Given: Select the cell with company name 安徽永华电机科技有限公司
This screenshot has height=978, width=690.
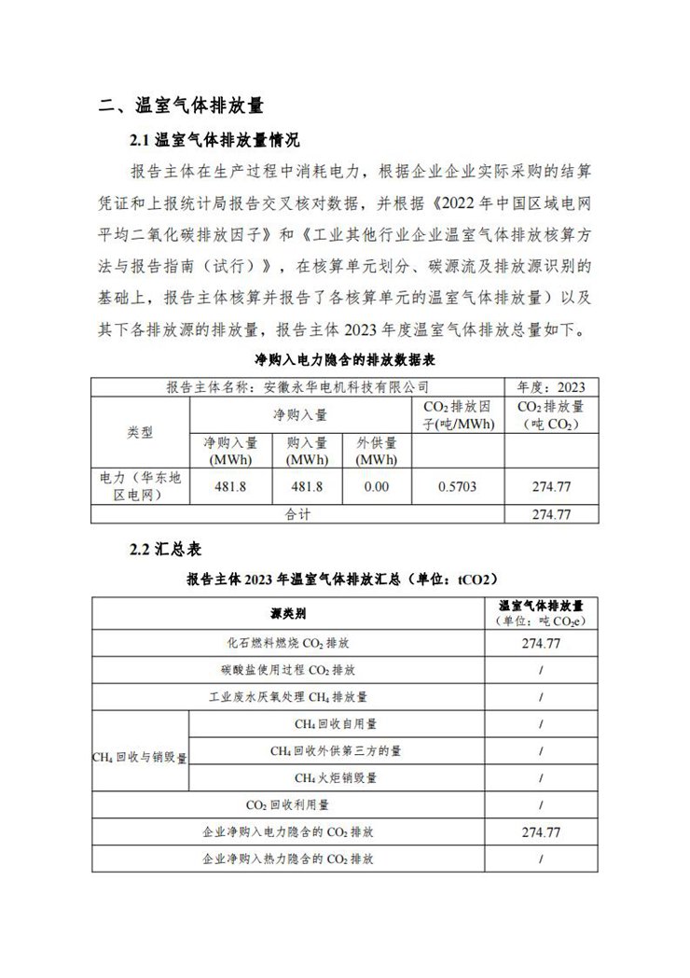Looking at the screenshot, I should pyautogui.click(x=297, y=386).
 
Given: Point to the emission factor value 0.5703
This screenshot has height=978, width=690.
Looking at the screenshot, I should pyautogui.click(x=457, y=486).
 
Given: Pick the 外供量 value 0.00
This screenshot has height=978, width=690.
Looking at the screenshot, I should pyautogui.click(x=377, y=486).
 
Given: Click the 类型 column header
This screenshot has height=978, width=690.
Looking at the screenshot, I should pyautogui.click(x=140, y=433).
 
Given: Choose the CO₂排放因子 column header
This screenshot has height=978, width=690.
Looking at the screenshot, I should pyautogui.click(x=457, y=415).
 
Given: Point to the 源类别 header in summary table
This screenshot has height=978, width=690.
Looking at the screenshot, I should pyautogui.click(x=288, y=613).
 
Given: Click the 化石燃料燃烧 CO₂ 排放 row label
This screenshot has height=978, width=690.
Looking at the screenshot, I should pyautogui.click(x=288, y=643).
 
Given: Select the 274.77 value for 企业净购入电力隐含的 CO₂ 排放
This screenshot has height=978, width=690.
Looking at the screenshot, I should pyautogui.click(x=541, y=831).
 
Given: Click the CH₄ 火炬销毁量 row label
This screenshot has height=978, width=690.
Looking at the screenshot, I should pyautogui.click(x=337, y=777).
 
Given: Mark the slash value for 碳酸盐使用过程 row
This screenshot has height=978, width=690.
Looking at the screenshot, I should pyautogui.click(x=541, y=670).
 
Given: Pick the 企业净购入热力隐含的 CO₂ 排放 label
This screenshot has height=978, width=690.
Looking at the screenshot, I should pyautogui.click(x=288, y=858).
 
